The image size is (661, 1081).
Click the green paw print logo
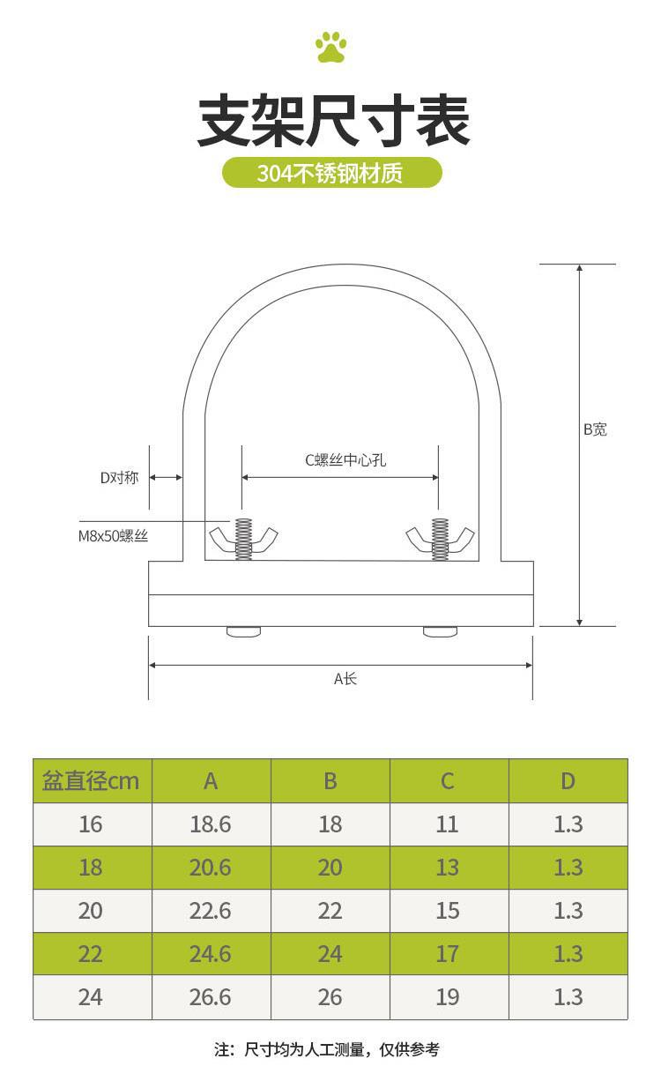pos(331,47)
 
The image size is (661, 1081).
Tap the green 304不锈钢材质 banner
pos(332,173)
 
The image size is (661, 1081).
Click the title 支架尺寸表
pos(333,121)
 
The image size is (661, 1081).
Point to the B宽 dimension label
pos(595,429)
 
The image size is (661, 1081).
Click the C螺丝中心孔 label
pos(345,460)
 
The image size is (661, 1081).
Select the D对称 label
pos(119,478)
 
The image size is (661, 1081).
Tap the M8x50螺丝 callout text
pos(113,536)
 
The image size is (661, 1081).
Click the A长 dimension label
pos(345,679)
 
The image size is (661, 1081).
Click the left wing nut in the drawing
pos(243,539)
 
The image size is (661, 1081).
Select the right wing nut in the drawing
pos(440,539)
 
